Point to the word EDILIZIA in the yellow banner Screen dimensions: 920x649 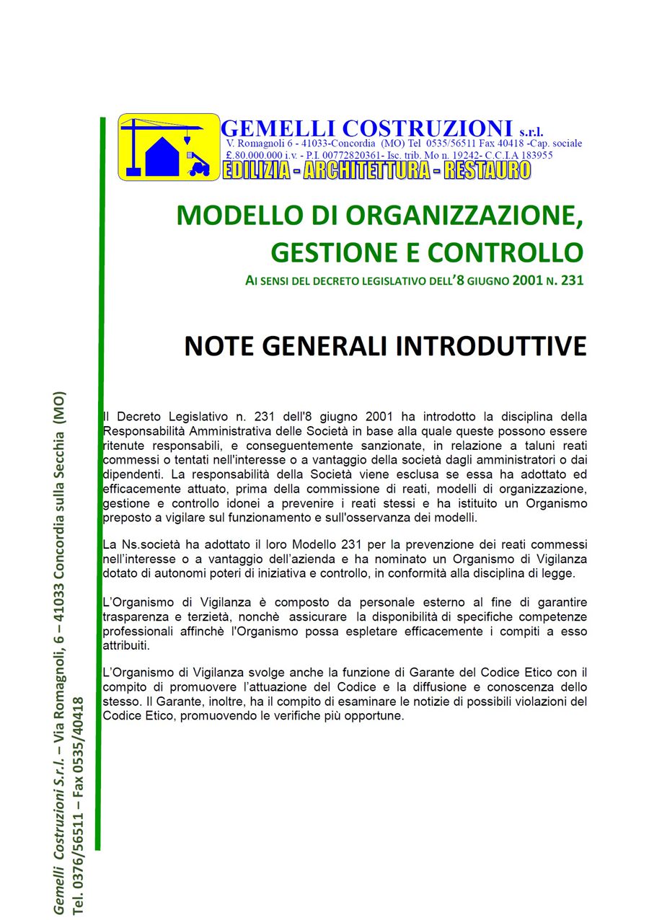click(x=257, y=170)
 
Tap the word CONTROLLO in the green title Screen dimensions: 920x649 click(x=505, y=252)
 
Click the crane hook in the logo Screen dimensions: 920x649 click(x=187, y=138)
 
